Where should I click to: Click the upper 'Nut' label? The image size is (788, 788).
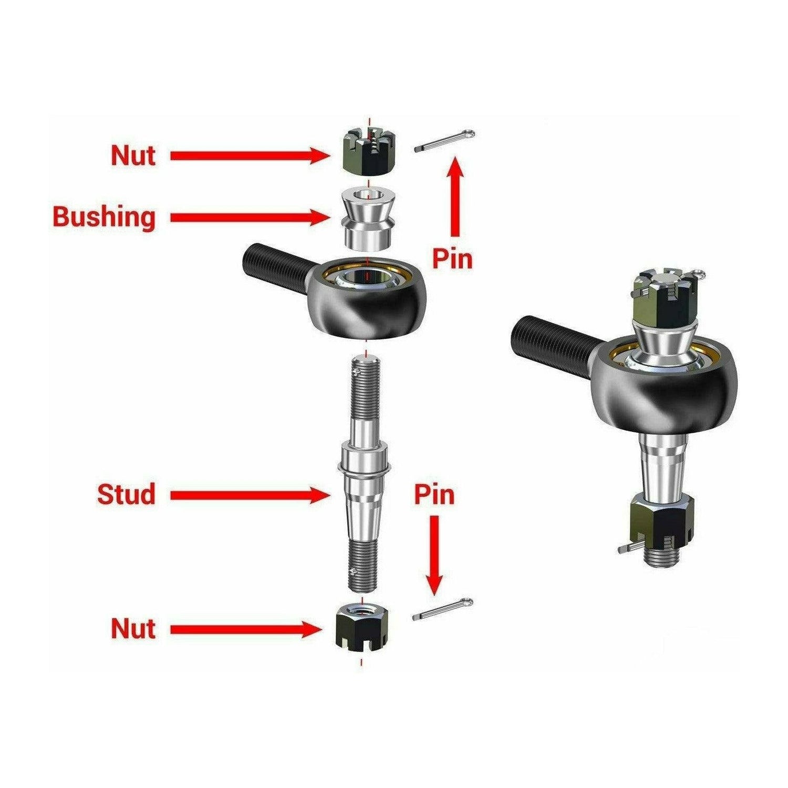pos(133,155)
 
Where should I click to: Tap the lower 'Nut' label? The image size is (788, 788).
pos(133,628)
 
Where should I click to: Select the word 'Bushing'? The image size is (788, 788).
pos(104,216)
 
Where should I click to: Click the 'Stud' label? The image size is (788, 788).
pos(126,494)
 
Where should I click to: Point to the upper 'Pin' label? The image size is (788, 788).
pos(452,258)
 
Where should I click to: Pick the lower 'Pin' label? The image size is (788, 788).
pos(434,494)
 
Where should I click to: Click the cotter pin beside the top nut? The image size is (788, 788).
pos(444,141)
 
